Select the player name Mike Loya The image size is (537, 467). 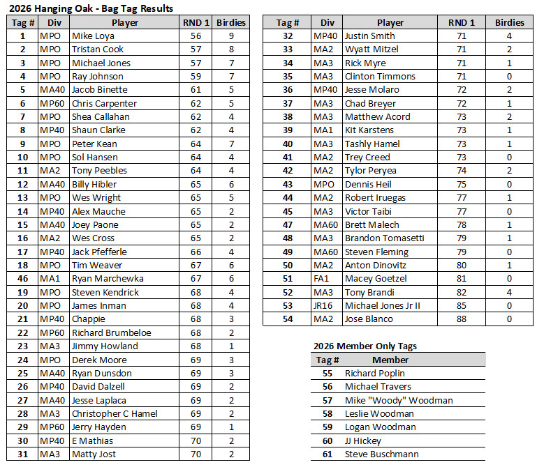point(92,36)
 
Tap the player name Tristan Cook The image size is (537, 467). point(98,49)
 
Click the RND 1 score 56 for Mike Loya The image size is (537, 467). point(196,36)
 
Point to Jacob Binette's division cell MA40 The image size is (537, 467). point(53,90)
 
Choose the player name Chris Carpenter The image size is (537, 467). point(104,103)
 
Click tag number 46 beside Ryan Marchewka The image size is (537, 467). point(22,279)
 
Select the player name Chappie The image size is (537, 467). point(88,319)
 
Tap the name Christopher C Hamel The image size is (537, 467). point(115,413)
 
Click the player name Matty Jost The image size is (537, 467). point(93,454)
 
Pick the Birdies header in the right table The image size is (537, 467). point(509,22)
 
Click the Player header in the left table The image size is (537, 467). point(124,22)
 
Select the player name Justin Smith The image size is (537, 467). point(369,36)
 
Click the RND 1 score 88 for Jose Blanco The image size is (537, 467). point(461,319)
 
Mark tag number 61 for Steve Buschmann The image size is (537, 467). point(327,454)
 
